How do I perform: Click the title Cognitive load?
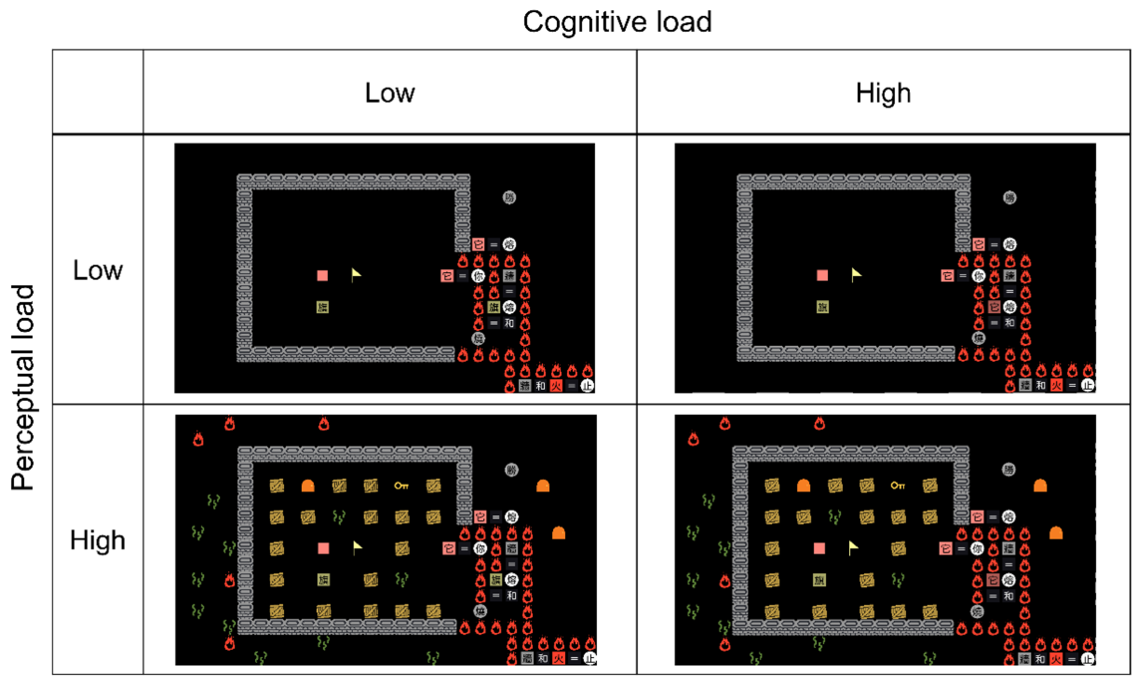[x=617, y=22]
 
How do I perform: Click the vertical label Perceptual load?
[x=23, y=388]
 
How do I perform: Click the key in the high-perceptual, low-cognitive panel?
[x=401, y=486]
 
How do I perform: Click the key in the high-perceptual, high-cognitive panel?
[x=897, y=486]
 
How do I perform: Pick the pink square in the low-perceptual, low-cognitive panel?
[x=323, y=276]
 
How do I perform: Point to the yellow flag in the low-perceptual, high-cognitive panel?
[x=856, y=275]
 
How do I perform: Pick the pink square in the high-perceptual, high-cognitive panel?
[x=819, y=548]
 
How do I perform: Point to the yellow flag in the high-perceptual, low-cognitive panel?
[x=357, y=548]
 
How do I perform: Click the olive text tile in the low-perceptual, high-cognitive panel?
[x=822, y=307]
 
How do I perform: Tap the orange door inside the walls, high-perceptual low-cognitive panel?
[x=308, y=486]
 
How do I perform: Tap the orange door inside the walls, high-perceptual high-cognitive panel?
[x=803, y=486]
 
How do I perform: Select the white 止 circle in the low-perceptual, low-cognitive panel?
[x=587, y=386]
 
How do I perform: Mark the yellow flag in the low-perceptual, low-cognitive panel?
[x=356, y=275]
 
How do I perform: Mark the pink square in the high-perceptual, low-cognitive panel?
[x=324, y=548]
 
